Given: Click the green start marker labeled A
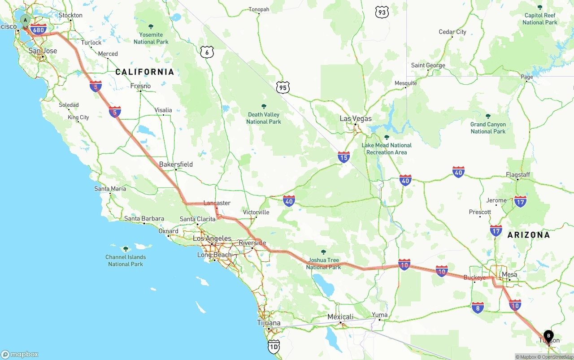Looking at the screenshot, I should [x=26, y=20].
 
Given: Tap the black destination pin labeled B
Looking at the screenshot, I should [x=548, y=336].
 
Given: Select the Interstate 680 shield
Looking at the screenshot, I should [x=39, y=30].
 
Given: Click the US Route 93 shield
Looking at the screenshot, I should [x=382, y=13].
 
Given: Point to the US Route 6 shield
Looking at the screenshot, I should [x=207, y=52].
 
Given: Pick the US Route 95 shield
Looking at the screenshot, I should [x=283, y=87].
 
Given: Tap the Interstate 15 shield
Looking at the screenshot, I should [x=344, y=157].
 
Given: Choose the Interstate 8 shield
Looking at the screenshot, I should [x=478, y=308].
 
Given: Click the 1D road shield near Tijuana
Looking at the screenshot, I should [x=274, y=346].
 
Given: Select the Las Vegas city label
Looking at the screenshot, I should [x=356, y=119].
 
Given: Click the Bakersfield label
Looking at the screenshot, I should [x=176, y=165].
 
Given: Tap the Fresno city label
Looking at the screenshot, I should [x=140, y=86].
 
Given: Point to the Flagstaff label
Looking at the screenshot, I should [x=518, y=175].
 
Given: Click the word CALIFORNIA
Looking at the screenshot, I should [x=144, y=72].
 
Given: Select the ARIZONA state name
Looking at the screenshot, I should [x=528, y=235].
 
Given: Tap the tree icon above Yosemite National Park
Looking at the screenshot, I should [x=151, y=26].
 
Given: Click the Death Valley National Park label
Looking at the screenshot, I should [x=264, y=118].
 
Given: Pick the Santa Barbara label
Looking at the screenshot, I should [x=144, y=219].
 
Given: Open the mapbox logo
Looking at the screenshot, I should [x=20, y=354].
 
